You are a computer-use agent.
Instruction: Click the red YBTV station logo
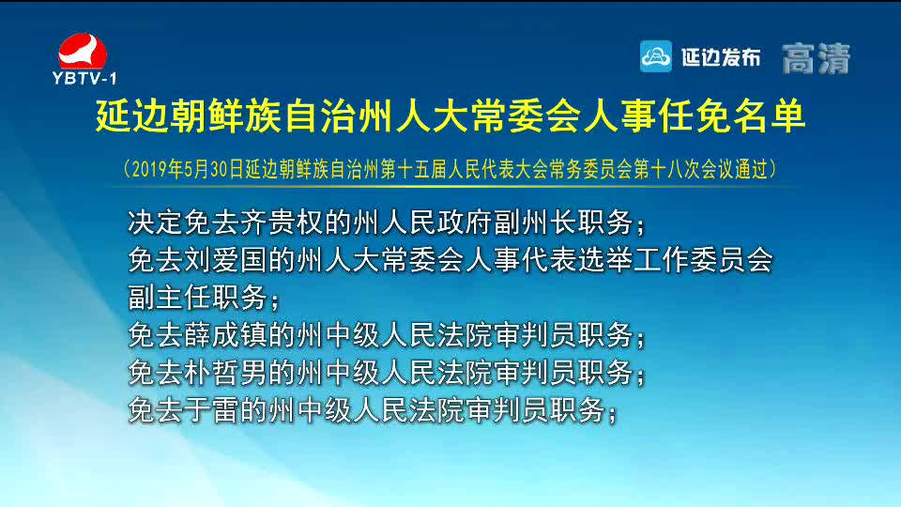(83, 51)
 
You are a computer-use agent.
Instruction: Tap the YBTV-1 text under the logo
(84, 78)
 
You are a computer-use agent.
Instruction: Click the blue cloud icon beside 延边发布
(656, 56)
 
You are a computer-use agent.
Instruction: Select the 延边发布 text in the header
(721, 57)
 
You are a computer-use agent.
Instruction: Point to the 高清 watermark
(816, 58)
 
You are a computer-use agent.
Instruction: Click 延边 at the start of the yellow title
(132, 116)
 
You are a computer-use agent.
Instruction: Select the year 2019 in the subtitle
(150, 169)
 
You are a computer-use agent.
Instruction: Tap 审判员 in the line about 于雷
(508, 410)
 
